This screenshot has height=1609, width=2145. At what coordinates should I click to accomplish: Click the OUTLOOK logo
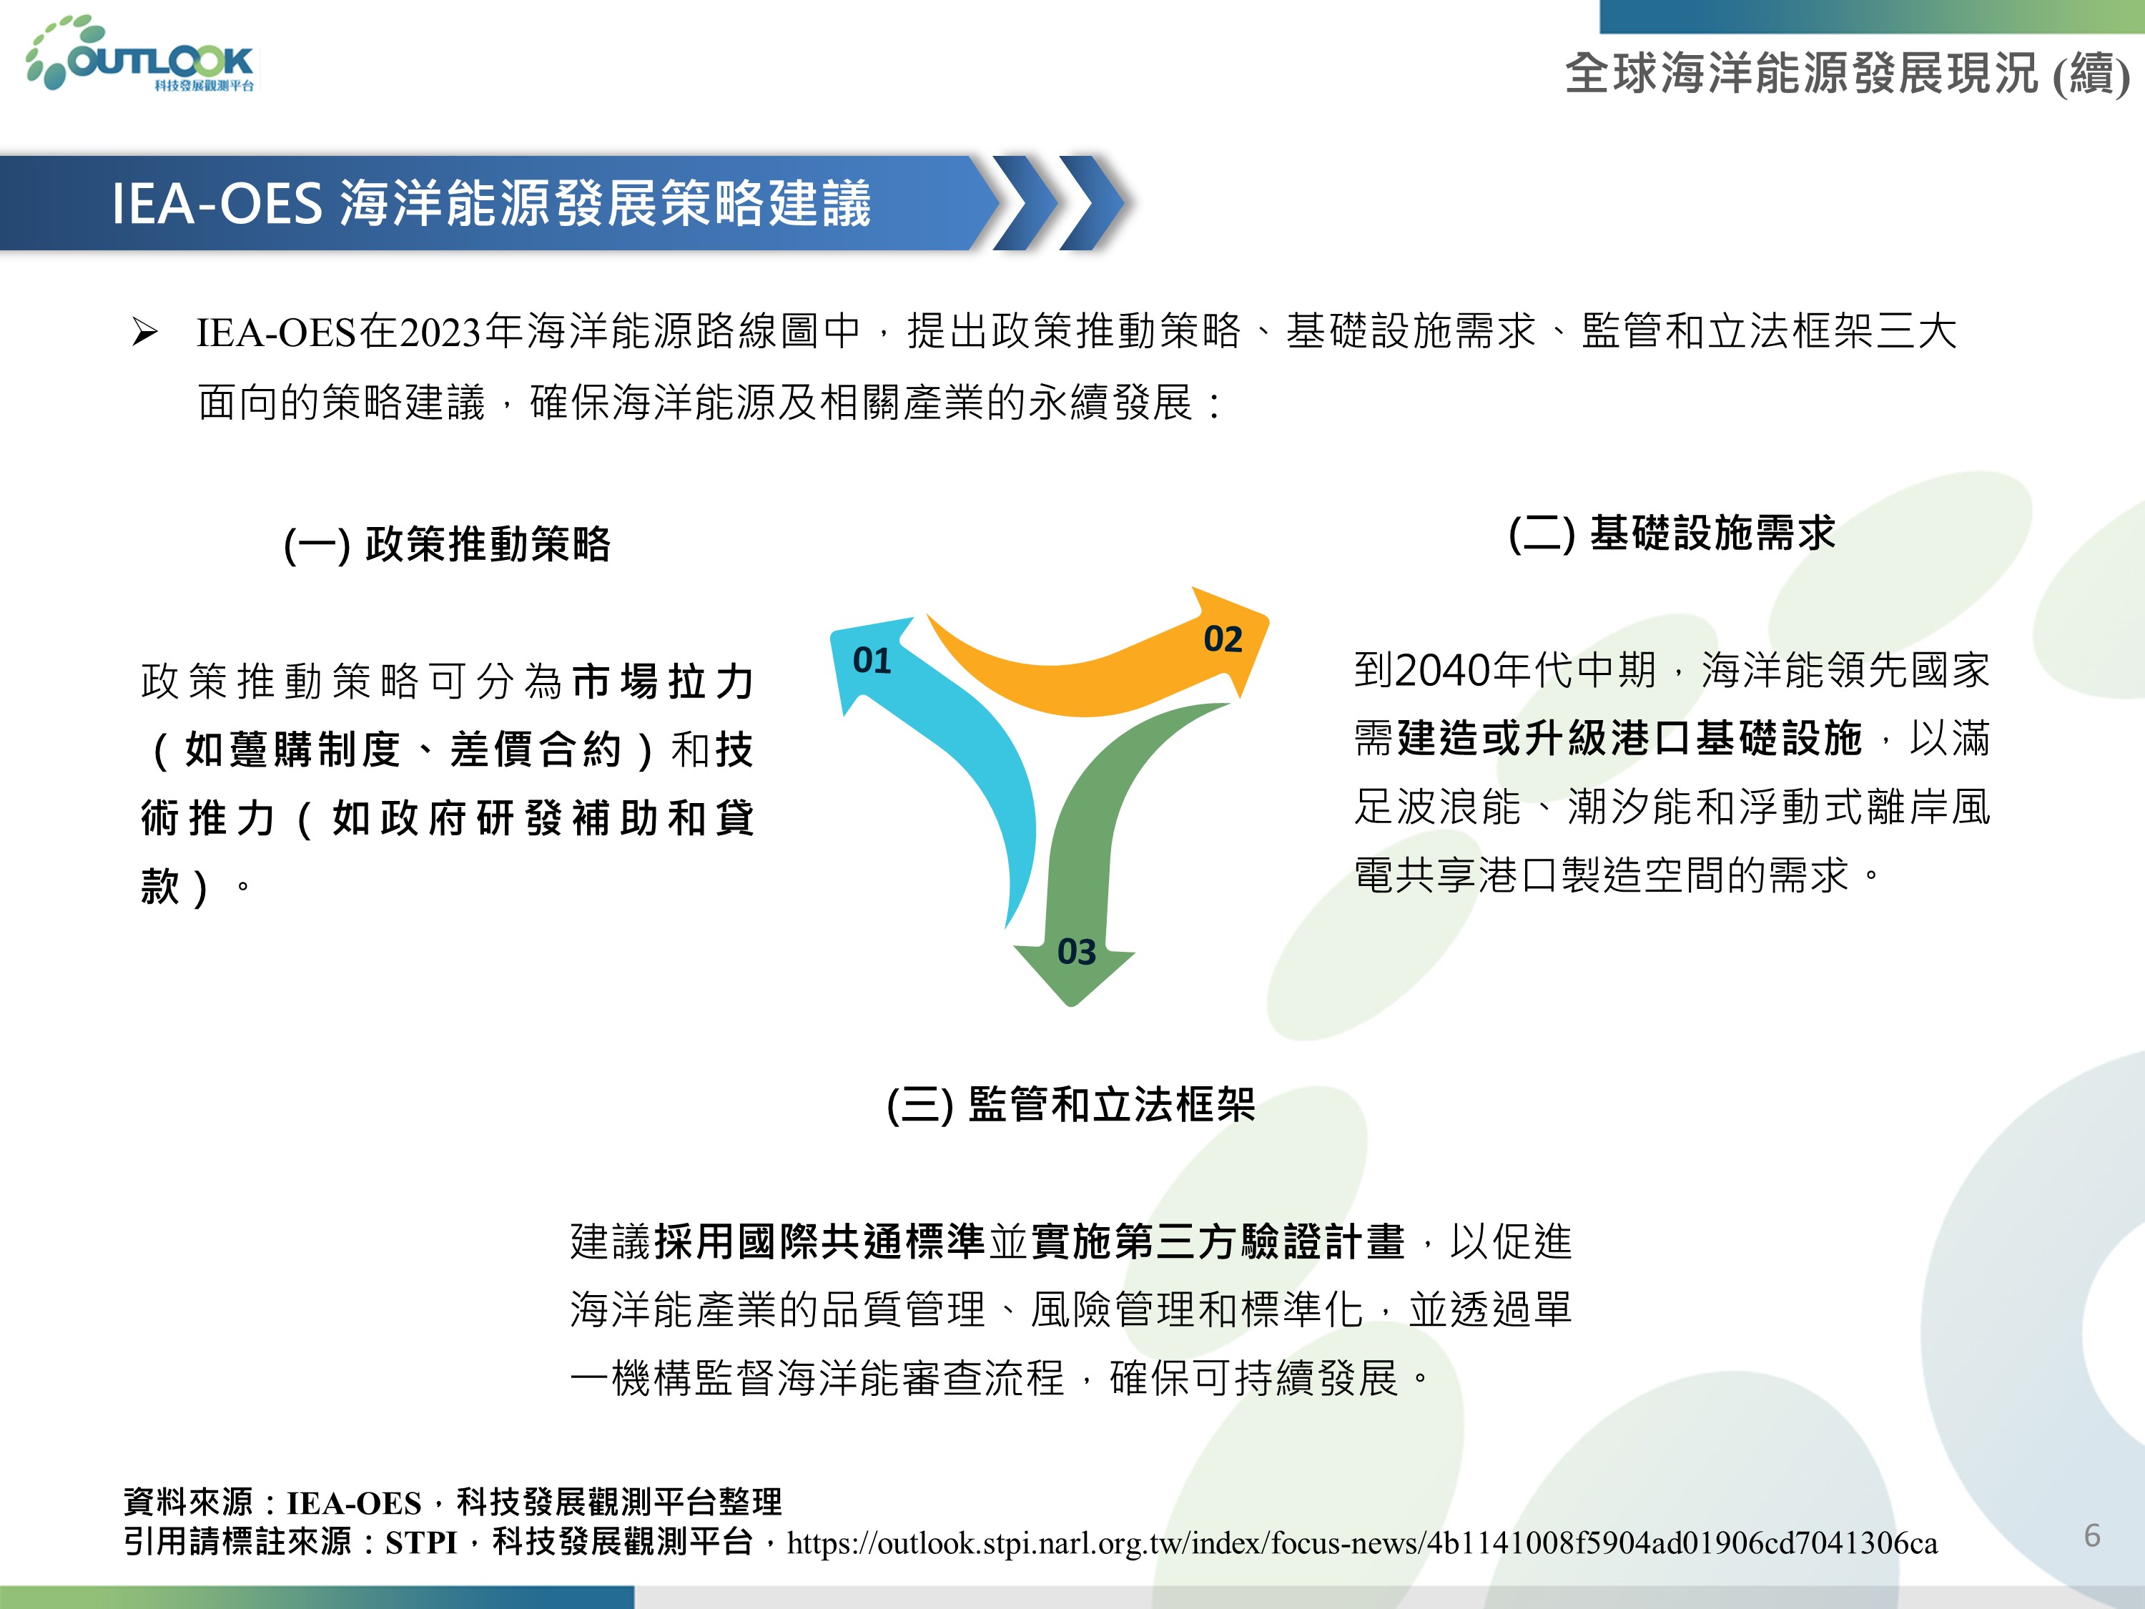click(x=141, y=54)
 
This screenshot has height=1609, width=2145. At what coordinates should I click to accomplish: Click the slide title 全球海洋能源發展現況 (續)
click(x=1848, y=74)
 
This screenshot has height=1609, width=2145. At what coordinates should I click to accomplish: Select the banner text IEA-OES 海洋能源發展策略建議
click(x=490, y=204)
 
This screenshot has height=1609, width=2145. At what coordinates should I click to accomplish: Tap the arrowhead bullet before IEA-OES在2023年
click(x=144, y=333)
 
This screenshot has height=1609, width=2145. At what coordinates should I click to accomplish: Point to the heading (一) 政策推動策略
click(x=447, y=544)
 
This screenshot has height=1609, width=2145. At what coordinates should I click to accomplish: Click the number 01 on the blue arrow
click(x=872, y=661)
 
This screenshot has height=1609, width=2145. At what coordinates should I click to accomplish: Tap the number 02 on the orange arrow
click(x=1223, y=640)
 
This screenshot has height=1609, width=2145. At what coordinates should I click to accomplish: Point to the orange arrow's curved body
click(x=1057, y=684)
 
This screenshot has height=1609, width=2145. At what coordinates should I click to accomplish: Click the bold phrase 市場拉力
click(x=664, y=682)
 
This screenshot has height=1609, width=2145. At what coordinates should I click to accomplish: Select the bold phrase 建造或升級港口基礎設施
click(x=1629, y=739)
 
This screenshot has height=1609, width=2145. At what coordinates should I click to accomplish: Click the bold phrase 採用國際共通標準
click(x=820, y=1242)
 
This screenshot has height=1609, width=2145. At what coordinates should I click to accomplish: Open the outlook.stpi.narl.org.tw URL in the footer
click(x=1361, y=1543)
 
